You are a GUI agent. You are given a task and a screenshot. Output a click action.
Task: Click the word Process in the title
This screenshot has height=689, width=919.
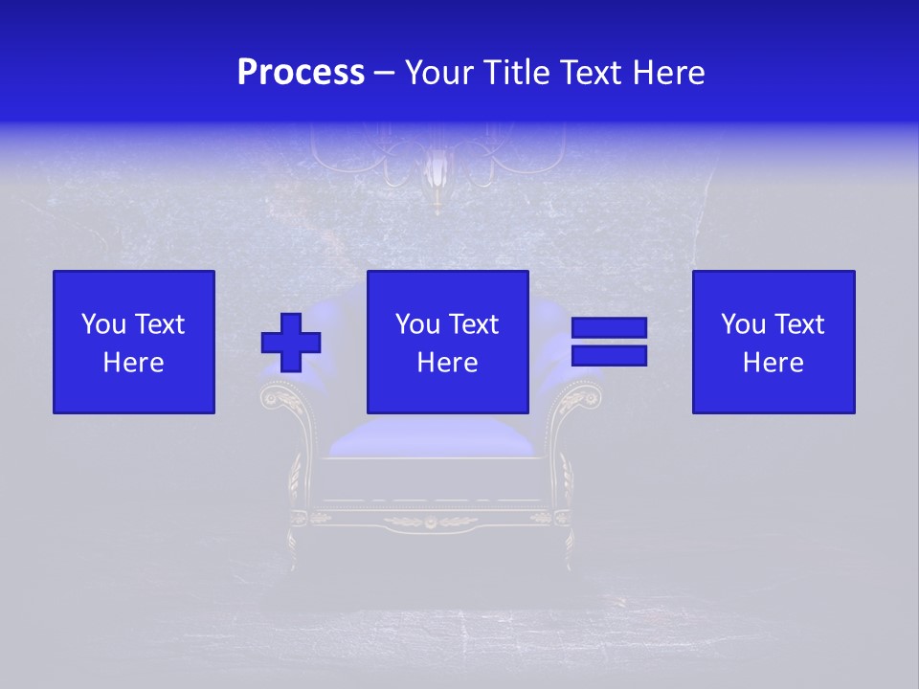click(301, 73)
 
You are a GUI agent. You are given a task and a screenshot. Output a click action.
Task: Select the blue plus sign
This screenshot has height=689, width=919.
click(291, 343)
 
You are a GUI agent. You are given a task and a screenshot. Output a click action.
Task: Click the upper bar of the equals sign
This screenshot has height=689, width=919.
click(609, 328)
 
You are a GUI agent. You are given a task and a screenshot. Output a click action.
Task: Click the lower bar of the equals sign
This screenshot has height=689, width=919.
click(609, 355)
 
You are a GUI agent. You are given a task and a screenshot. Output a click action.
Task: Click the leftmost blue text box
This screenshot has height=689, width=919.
click(133, 342)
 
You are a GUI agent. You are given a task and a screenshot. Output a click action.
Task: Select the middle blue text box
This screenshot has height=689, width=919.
click(447, 342)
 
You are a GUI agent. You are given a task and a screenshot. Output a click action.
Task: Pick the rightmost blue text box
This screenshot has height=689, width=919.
click(773, 342)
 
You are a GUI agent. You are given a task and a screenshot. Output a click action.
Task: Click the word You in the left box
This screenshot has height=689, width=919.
click(101, 324)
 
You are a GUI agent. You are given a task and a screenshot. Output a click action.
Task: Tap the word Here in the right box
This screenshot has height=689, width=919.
click(773, 363)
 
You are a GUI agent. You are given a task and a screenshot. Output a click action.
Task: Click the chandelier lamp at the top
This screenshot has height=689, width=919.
click(437, 172)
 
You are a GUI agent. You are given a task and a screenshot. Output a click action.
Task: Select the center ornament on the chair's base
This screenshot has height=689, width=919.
click(430, 522)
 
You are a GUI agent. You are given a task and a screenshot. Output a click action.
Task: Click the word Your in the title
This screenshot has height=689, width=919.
click(441, 73)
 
